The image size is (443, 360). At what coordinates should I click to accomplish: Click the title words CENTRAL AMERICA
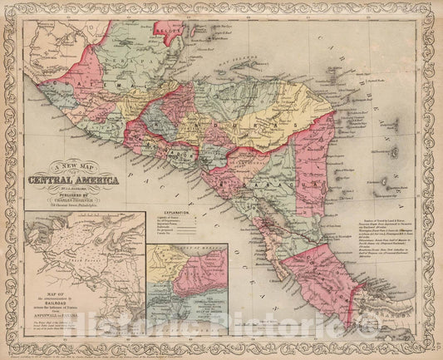74,180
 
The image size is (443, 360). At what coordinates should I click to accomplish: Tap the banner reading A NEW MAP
74,165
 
